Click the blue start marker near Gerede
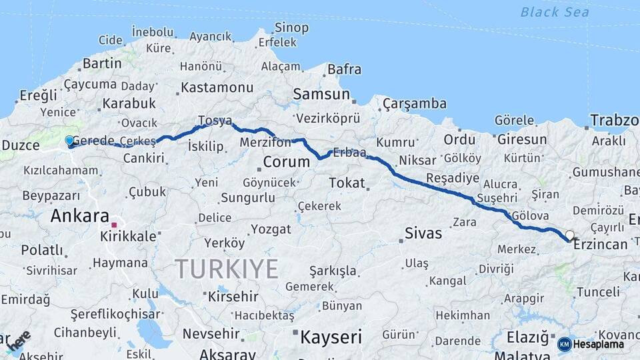point(69,141)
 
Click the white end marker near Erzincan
point(569,235)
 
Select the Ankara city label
point(79,216)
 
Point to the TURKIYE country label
point(227,269)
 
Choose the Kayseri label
point(331,337)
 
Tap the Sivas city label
point(423,233)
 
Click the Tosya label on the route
point(215,121)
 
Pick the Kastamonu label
point(217,87)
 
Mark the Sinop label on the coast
point(291,28)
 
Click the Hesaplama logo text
point(599,344)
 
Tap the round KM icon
point(564,344)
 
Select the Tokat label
point(347,183)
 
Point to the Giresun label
point(521,140)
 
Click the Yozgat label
point(271,229)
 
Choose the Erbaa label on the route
point(349,153)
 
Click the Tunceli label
point(598,292)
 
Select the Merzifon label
point(265,142)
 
